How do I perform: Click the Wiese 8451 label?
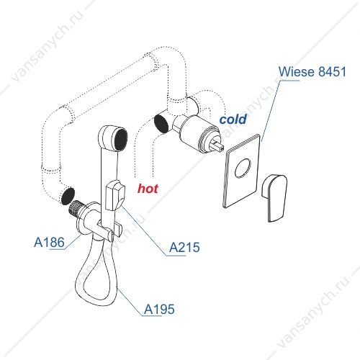click(312, 71)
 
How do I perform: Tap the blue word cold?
click(233, 120)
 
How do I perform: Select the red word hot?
click(148, 189)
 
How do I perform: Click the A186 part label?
click(49, 242)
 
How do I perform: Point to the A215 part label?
click(184, 247)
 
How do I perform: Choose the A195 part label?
click(159, 309)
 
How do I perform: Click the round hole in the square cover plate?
click(243, 168)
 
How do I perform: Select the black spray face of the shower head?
click(121, 140)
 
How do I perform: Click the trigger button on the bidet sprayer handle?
click(115, 196)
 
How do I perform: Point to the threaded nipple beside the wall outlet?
click(76, 208)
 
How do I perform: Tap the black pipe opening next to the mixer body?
click(161, 123)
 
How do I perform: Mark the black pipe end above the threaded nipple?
click(68, 196)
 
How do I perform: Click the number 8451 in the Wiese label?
click(332, 71)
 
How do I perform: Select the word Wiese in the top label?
click(297, 71)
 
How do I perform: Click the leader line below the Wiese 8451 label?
click(270, 111)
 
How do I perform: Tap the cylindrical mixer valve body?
click(196, 132)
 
